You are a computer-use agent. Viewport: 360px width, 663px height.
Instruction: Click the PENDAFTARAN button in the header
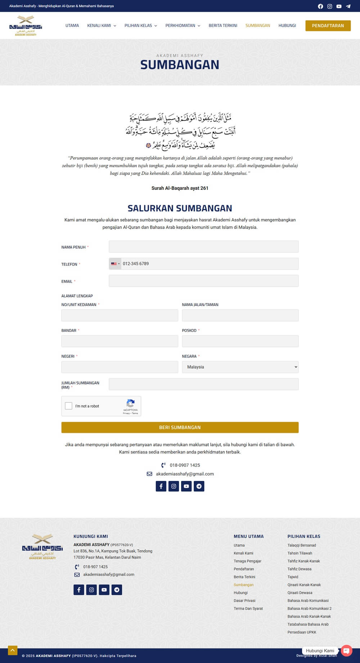click(328, 26)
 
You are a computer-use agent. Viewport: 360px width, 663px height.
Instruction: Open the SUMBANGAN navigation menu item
click(257, 26)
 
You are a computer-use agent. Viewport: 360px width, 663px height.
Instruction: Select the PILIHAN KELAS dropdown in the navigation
click(140, 26)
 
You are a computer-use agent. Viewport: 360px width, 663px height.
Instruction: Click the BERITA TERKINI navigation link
click(223, 26)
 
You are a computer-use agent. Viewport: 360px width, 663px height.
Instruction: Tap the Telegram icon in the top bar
click(348, 6)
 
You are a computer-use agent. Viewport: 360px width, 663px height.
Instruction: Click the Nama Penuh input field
click(203, 247)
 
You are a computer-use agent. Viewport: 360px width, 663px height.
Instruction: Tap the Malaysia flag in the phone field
click(114, 264)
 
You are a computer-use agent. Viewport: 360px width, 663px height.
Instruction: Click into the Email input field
click(203, 281)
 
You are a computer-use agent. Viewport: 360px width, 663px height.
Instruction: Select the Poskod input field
click(240, 341)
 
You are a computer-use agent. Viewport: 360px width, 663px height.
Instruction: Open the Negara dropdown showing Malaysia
click(240, 367)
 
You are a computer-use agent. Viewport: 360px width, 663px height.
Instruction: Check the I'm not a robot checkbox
click(68, 406)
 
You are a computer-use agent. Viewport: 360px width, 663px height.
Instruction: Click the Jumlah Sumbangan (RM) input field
click(203, 384)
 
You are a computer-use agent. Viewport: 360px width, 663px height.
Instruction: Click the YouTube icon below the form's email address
click(186, 486)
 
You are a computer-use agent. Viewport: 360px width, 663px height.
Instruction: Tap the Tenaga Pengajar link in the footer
click(247, 561)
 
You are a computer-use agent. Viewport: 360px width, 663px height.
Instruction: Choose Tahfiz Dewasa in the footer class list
click(299, 569)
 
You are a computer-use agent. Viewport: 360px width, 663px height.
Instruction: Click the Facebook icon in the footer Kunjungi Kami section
click(79, 590)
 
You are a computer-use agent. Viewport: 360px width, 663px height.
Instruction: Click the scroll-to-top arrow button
click(13, 650)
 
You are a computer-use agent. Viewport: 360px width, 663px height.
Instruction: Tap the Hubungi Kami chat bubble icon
click(346, 650)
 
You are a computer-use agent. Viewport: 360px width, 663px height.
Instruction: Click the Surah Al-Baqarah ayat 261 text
click(180, 188)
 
